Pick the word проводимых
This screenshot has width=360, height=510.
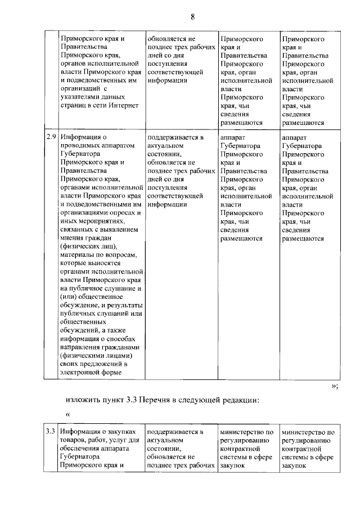point(84,145)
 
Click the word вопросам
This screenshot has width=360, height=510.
point(120,255)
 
